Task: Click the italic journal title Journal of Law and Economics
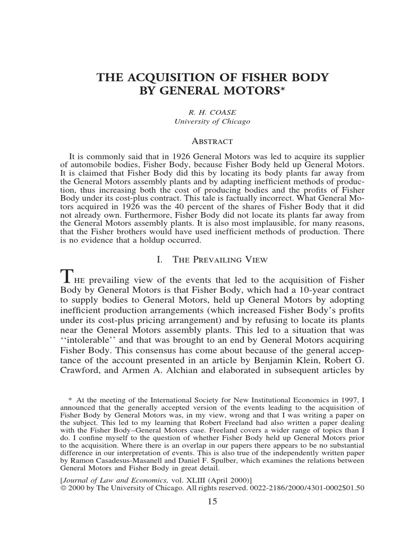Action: (x=103, y=479)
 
